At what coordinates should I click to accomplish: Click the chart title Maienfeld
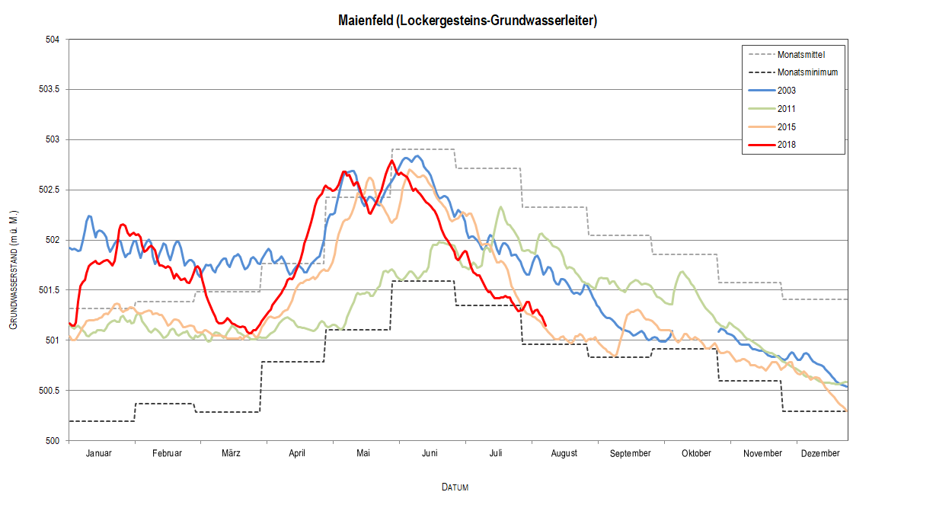click(x=468, y=21)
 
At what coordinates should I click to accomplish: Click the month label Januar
click(x=99, y=453)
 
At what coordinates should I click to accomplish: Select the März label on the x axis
click(x=232, y=453)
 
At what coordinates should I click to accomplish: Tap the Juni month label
click(x=430, y=453)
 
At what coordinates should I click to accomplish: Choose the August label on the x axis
click(x=564, y=453)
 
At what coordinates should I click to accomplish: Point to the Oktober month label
click(x=696, y=453)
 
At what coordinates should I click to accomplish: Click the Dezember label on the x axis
click(x=820, y=453)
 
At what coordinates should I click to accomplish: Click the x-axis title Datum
click(x=455, y=487)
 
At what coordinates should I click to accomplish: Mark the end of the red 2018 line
click(x=545, y=326)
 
